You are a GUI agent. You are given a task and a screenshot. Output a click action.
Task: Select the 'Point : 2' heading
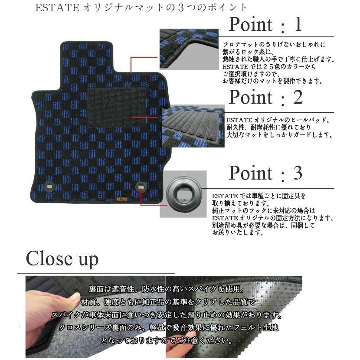pyautogui.click(x=265, y=98)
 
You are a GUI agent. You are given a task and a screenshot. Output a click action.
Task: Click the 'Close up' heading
pyautogui.click(x=62, y=259)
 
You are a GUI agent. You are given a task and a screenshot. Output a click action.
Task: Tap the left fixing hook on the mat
pyautogui.click(x=49, y=187)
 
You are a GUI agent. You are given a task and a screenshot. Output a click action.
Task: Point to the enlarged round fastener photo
pyautogui.click(x=183, y=194)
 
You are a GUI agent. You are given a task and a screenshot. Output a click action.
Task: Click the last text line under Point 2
pyautogui.click(x=279, y=135)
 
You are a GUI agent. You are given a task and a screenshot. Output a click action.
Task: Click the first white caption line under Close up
pyautogui.click(x=167, y=289)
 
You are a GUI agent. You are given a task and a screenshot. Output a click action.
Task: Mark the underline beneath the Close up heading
pyautogui.click(x=95, y=274)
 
